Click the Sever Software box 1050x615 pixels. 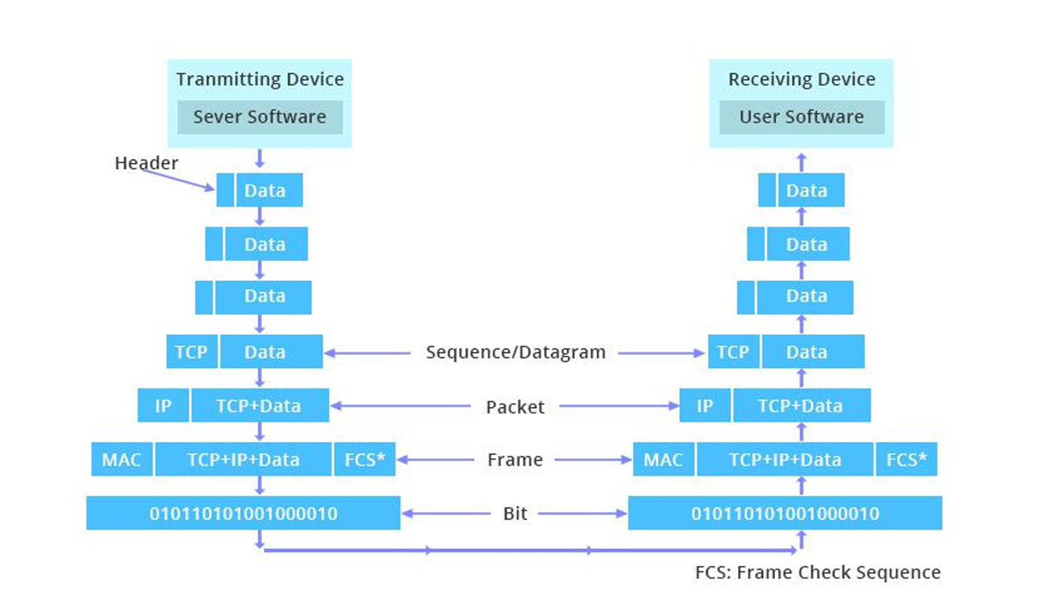click(259, 117)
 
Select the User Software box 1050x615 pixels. click(801, 117)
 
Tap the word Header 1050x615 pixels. click(146, 163)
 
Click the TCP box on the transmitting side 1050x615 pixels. click(191, 352)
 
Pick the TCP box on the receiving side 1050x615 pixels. click(733, 352)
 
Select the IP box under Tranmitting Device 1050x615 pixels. click(163, 406)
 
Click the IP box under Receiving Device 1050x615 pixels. click(705, 406)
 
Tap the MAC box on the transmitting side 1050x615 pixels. click(122, 459)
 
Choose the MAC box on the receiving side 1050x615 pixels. click(663, 459)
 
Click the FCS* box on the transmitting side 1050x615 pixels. click(364, 459)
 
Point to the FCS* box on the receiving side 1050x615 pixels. click(906, 459)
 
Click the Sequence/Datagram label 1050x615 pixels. click(515, 353)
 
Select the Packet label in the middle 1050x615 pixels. click(515, 407)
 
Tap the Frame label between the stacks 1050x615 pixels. click(515, 460)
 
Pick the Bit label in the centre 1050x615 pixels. click(515, 514)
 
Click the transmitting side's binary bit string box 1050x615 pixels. click(243, 513)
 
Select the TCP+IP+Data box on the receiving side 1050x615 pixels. click(785, 459)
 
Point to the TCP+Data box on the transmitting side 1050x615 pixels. click(259, 406)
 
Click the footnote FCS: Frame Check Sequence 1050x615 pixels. click(817, 573)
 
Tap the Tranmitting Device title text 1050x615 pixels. click(259, 79)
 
